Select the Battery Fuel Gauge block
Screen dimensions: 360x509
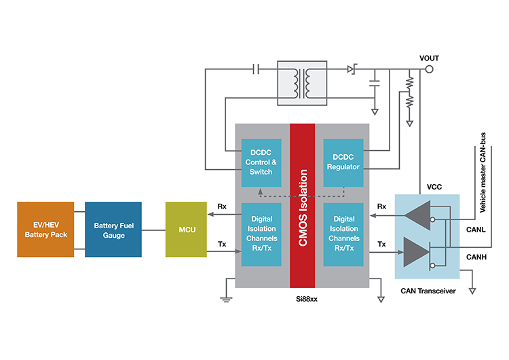113,229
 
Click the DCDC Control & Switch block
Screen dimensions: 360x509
261,162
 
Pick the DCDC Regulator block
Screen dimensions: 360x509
343,162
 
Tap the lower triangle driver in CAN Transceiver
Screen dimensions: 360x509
416,252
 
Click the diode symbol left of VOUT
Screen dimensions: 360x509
351,69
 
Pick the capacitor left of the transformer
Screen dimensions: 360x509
254,69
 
